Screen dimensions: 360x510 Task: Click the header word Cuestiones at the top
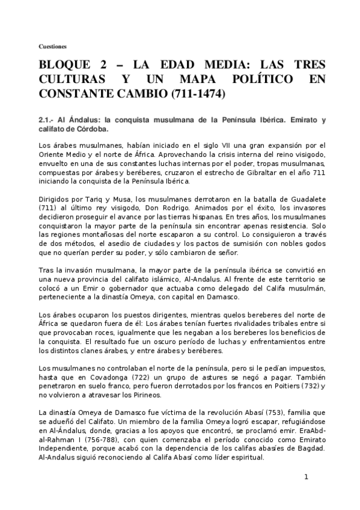53,46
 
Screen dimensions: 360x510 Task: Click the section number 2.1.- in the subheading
45,120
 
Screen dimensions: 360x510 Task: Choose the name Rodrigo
172,207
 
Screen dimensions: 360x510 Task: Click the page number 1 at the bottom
306,477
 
